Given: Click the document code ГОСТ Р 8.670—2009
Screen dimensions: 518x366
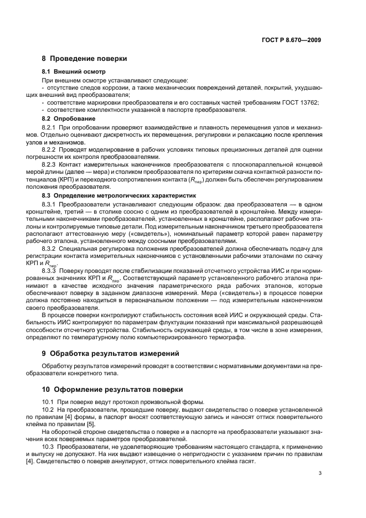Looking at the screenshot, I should pos(292,40).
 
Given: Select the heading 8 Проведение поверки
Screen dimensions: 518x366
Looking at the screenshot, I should pos(84,59).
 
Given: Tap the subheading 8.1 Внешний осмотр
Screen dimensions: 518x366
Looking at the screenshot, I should pos(74,72).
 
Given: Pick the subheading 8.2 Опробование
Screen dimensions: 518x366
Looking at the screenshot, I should pos(69,118).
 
